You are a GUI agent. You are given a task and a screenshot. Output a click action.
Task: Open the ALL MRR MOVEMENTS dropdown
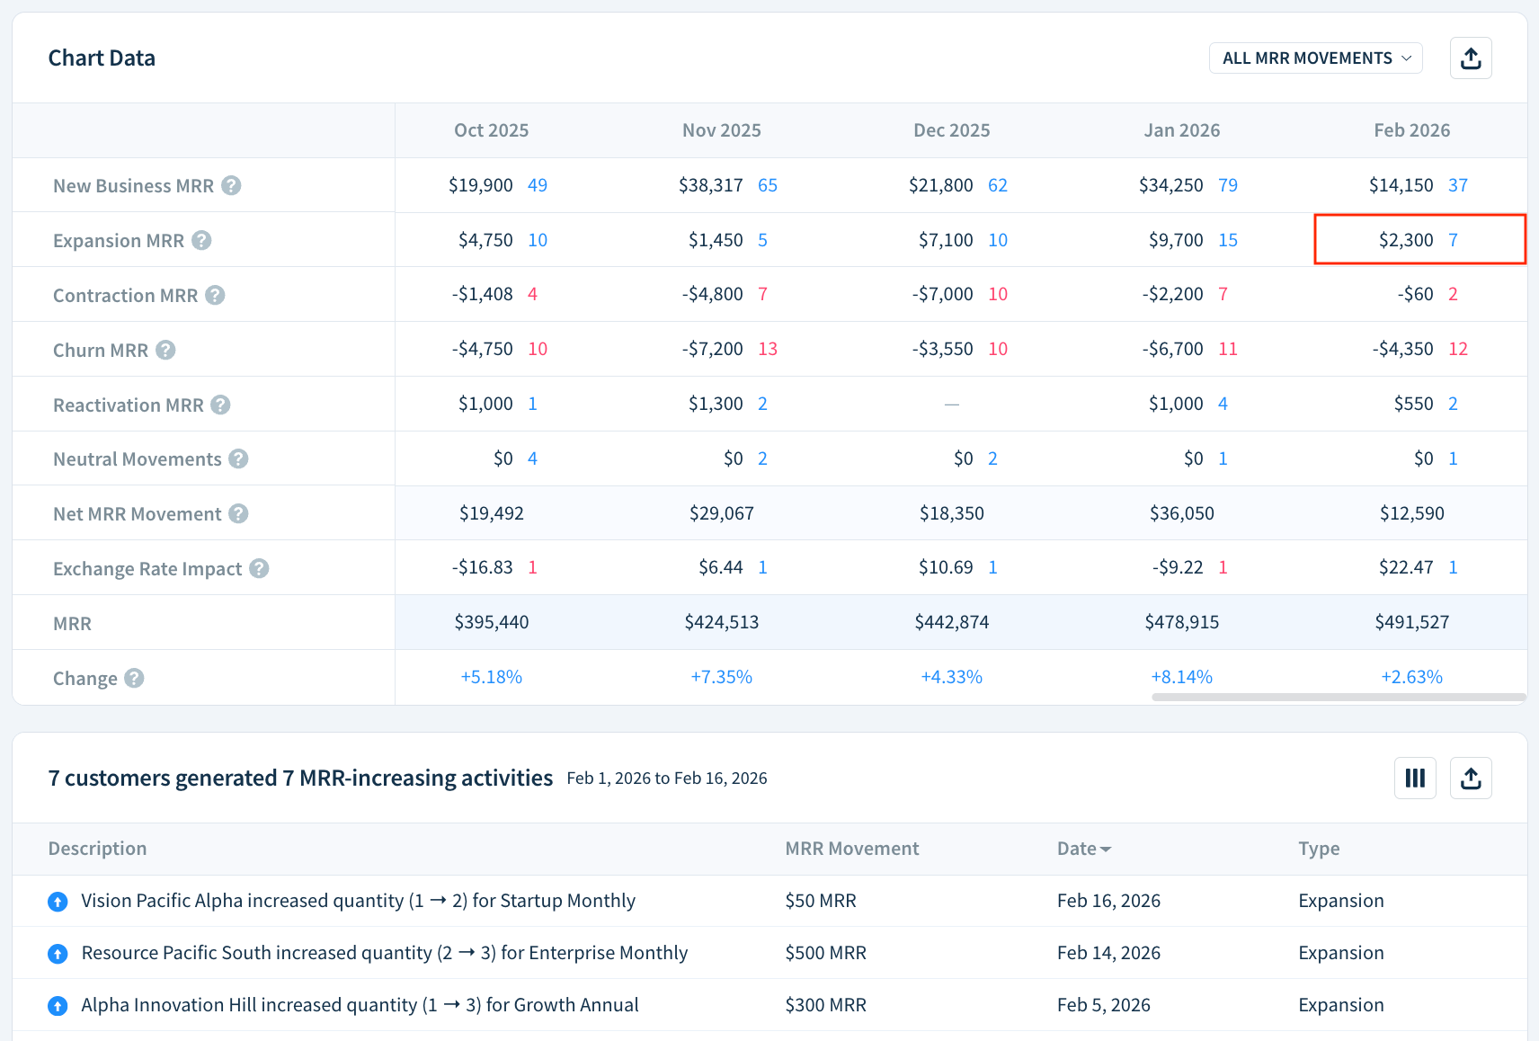click(1315, 58)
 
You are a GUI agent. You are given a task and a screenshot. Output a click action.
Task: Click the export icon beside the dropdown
click(1471, 58)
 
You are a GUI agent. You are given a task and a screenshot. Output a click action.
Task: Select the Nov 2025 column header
click(721, 130)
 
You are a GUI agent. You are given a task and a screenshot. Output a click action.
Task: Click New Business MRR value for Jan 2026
click(1170, 185)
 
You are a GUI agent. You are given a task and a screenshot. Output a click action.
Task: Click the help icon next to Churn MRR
click(165, 350)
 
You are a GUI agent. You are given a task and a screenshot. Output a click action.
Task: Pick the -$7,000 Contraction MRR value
click(942, 294)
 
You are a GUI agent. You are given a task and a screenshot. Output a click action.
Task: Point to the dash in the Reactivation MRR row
click(951, 405)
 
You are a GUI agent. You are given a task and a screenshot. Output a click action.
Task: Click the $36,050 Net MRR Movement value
click(1181, 513)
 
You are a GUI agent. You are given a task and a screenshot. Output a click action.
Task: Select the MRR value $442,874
click(951, 622)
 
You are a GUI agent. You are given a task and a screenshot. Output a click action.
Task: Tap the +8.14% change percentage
click(1181, 677)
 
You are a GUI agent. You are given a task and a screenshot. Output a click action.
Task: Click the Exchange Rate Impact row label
click(147, 568)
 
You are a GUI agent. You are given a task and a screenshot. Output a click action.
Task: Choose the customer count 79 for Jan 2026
click(1228, 185)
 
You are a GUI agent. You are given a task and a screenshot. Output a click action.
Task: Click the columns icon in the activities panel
click(1415, 779)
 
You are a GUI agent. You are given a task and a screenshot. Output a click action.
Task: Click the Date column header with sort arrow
click(1083, 849)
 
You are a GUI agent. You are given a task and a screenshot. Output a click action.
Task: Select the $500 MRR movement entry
click(825, 953)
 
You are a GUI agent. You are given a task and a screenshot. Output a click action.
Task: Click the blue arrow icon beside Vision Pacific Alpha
click(58, 902)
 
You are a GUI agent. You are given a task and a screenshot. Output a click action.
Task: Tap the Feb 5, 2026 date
click(1103, 1005)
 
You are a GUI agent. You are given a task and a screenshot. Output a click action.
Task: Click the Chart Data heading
click(102, 58)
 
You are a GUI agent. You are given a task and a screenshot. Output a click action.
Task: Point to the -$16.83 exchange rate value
click(483, 567)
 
